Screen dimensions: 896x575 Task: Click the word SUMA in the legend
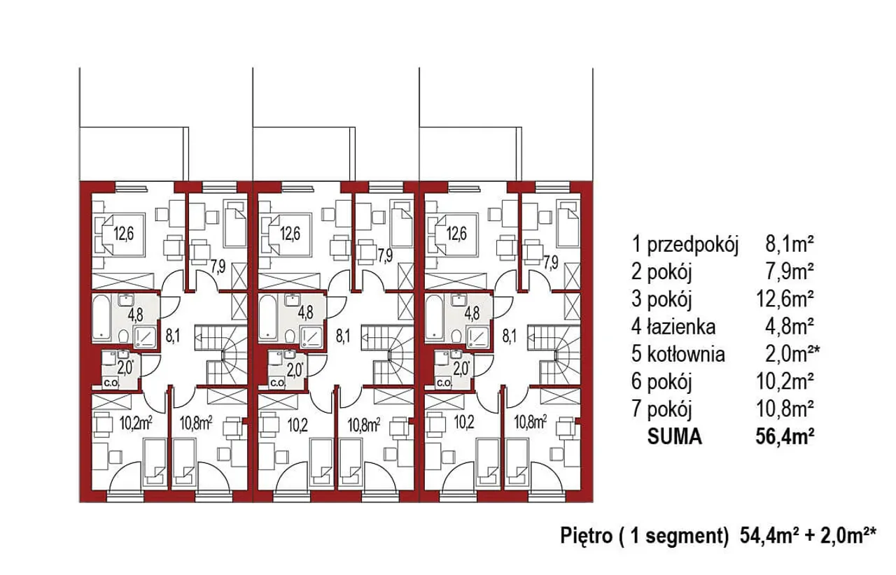click(x=674, y=437)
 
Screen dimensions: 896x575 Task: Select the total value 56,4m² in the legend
click(x=785, y=437)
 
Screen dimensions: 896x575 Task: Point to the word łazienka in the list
click(x=681, y=327)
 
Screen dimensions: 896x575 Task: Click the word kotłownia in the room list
click(x=686, y=354)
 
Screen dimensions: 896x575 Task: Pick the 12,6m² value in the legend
click(x=785, y=299)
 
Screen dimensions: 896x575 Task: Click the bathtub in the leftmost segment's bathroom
click(x=103, y=319)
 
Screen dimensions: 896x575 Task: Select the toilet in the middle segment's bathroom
click(x=290, y=336)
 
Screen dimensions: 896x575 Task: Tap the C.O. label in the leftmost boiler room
click(x=111, y=383)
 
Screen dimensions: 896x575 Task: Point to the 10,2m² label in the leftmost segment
click(x=136, y=423)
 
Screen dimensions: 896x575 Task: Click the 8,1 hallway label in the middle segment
click(x=342, y=336)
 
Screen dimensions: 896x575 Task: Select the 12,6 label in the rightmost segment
click(x=456, y=234)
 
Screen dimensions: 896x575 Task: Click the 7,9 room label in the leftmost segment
click(x=218, y=267)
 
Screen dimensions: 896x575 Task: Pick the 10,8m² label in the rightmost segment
click(x=531, y=423)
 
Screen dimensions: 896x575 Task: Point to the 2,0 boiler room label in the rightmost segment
click(x=461, y=368)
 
